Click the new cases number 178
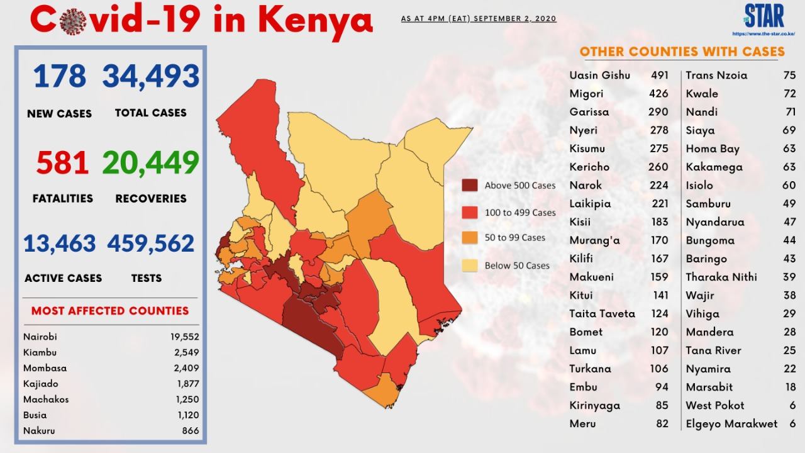click(x=60, y=76)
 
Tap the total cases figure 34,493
click(x=151, y=77)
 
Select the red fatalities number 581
click(x=62, y=162)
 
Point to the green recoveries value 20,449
click(x=151, y=163)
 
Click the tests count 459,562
click(x=151, y=243)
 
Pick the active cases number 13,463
click(x=60, y=243)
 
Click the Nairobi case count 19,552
click(x=185, y=337)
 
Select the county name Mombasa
click(x=45, y=368)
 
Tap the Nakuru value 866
click(x=191, y=431)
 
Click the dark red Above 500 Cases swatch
click(x=470, y=185)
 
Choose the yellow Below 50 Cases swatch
click(x=470, y=266)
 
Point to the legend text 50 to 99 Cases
click(x=515, y=238)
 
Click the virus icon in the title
click(x=73, y=21)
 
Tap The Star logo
click(x=764, y=16)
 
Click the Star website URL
click(x=763, y=34)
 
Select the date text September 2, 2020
click(x=515, y=19)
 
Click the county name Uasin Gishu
click(x=600, y=75)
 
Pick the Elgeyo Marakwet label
click(x=731, y=424)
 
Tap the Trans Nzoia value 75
click(x=789, y=75)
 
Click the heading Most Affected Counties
click(x=110, y=311)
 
